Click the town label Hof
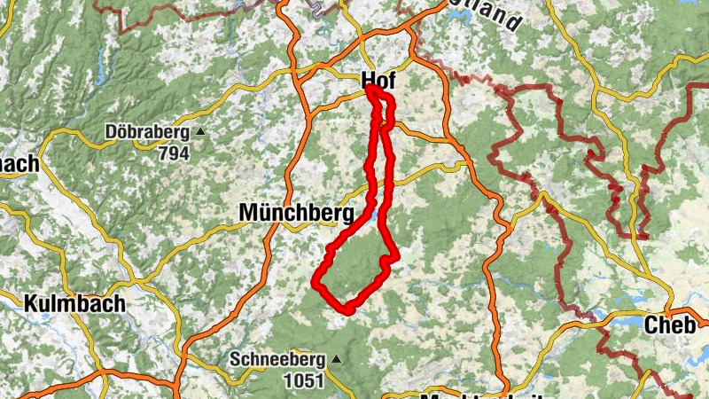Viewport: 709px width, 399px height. (x=378, y=82)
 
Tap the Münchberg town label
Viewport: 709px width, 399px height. (x=296, y=213)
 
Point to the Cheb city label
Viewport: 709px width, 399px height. (x=669, y=325)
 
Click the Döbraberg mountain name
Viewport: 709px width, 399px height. (x=147, y=133)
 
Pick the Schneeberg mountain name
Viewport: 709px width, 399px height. (x=278, y=360)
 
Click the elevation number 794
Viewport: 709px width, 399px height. (x=174, y=153)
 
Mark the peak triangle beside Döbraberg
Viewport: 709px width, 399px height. (x=200, y=134)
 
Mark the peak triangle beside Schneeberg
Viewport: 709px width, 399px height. (x=336, y=360)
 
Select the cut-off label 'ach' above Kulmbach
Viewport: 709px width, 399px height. (x=18, y=164)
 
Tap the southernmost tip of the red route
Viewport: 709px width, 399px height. (x=348, y=310)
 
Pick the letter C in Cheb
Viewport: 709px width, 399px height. (x=651, y=325)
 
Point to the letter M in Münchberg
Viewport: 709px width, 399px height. (x=248, y=213)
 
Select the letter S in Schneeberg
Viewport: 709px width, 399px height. (x=235, y=360)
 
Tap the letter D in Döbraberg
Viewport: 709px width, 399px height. (x=110, y=133)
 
